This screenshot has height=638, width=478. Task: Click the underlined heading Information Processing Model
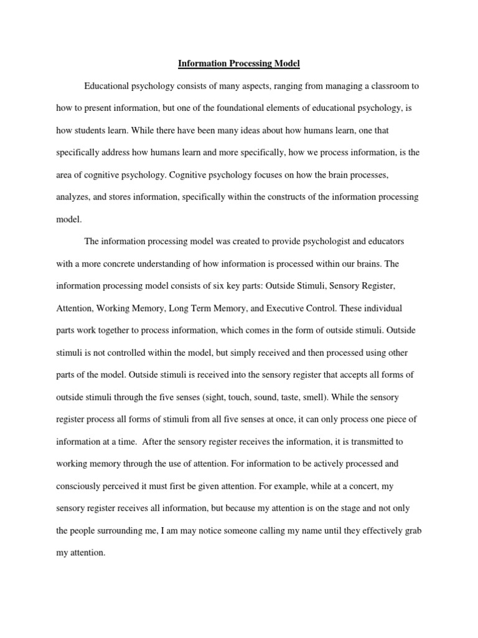pos(239,64)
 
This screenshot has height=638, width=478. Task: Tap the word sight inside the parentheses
pos(240,375)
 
